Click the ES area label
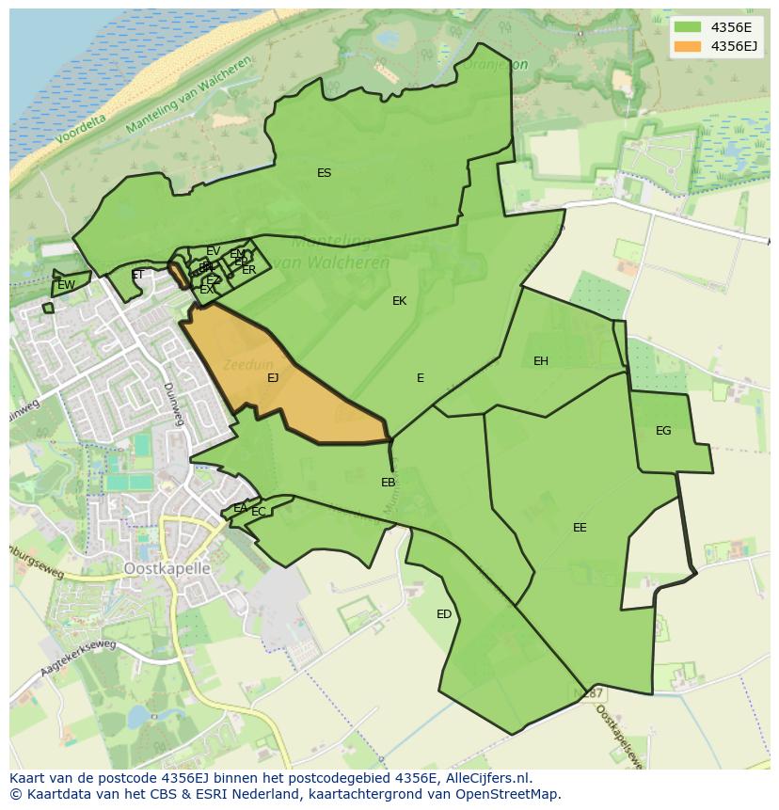click(324, 173)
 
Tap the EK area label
click(400, 301)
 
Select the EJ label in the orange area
click(273, 378)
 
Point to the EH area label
click(541, 361)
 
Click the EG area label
click(663, 431)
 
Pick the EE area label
click(580, 528)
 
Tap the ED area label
click(444, 614)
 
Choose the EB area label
click(389, 483)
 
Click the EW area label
click(66, 285)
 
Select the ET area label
click(138, 276)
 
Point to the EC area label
click(259, 512)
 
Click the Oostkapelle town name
click(167, 569)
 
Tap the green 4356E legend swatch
click(688, 26)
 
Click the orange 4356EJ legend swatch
click(688, 45)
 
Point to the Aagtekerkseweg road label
click(77, 658)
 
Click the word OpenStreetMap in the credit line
click(507, 794)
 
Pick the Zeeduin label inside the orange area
click(248, 364)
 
